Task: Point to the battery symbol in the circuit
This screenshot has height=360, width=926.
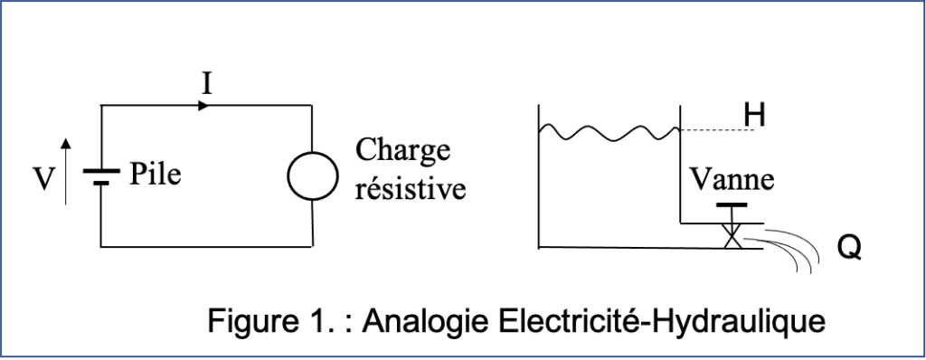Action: pos(101,175)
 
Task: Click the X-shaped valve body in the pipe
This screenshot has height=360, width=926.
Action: pos(731,237)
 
